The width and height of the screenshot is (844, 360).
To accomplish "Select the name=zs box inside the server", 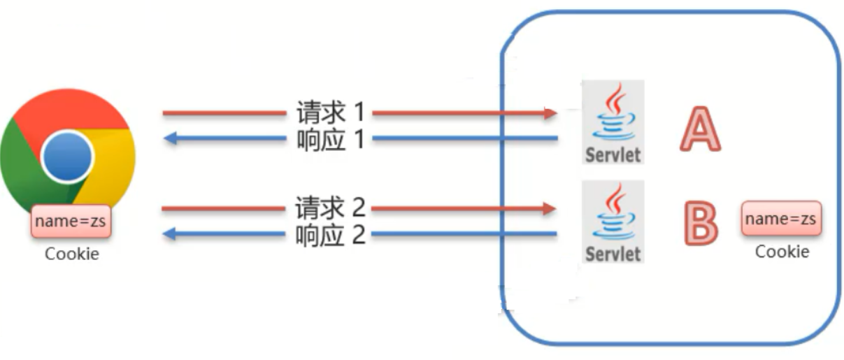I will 781,219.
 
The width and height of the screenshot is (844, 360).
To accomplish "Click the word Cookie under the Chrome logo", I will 72,253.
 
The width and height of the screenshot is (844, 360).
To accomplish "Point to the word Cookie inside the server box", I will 782,251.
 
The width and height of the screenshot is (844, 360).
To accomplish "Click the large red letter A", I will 700,130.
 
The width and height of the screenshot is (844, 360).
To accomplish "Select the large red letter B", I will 700,223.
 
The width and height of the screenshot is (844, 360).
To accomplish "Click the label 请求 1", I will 329,112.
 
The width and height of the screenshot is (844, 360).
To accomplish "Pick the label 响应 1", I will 329,140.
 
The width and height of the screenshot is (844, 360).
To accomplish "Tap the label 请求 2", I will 329,208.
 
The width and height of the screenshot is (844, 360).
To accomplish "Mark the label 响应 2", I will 329,235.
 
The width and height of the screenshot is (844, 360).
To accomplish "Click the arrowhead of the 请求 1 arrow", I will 551,113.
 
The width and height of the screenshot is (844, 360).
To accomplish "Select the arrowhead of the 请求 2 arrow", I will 551,208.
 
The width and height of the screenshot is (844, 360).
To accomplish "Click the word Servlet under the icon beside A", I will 613,154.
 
